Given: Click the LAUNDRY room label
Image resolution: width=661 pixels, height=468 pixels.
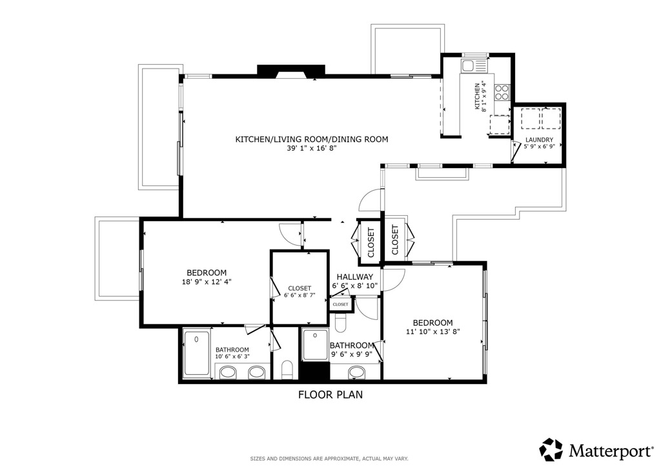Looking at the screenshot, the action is (539, 140).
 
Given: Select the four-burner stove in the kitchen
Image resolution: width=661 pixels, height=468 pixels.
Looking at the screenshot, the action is (502, 92).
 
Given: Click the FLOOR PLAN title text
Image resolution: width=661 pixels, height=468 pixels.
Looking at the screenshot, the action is (330, 394).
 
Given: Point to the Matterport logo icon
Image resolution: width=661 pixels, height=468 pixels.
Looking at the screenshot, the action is (551, 450).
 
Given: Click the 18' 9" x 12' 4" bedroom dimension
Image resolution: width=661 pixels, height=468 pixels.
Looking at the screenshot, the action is (207, 281).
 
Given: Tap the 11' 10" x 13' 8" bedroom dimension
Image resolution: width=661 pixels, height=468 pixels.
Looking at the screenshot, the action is (433, 332).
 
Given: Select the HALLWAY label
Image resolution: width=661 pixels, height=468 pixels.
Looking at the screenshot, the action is (355, 277).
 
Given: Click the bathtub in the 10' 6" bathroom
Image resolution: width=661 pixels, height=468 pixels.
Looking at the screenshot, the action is (197, 354).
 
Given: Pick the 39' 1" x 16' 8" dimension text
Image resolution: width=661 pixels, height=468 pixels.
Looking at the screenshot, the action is (312, 148).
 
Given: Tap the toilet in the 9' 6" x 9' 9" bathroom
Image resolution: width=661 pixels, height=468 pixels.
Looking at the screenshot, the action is (341, 323).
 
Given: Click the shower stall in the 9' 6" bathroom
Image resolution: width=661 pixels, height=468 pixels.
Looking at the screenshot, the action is (315, 345).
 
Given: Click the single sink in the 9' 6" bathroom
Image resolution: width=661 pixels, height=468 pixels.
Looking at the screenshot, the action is (356, 372).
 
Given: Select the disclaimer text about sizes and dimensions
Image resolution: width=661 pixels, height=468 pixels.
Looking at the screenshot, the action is (329, 458).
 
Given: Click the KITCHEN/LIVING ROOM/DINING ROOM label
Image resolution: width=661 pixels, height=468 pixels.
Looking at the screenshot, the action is (312, 139).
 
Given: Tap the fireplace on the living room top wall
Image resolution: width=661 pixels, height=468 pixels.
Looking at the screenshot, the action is (291, 71).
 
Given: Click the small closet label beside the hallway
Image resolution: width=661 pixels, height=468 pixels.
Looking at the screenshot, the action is (341, 304).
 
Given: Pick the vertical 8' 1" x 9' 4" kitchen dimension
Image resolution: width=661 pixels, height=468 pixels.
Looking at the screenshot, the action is (480, 97).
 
